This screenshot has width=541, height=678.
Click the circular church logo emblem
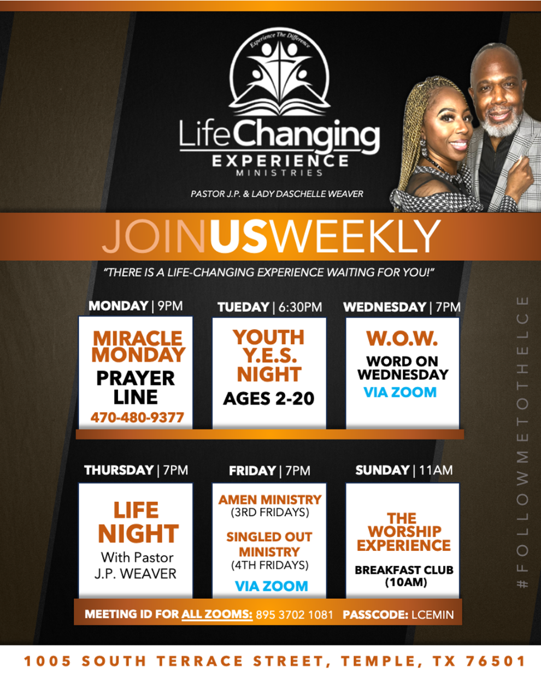pyautogui.click(x=279, y=72)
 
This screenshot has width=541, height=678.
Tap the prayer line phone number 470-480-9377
pyautogui.click(x=137, y=418)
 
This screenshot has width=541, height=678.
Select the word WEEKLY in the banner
pyautogui.click(x=356, y=236)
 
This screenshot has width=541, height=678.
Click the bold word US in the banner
pyautogui.click(x=240, y=236)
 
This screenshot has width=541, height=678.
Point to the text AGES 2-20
pyautogui.click(x=269, y=399)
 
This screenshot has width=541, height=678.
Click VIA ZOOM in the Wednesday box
pyautogui.click(x=400, y=392)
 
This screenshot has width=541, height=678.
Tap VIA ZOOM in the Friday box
pyautogui.click(x=271, y=586)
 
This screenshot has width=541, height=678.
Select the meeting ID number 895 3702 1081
pyautogui.click(x=295, y=615)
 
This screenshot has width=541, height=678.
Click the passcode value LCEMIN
pyautogui.click(x=432, y=615)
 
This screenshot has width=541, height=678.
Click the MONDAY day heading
pyautogui.click(x=118, y=306)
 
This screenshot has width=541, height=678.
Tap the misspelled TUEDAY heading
pyautogui.click(x=243, y=307)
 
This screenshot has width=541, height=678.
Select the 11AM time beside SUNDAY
pyautogui.click(x=436, y=471)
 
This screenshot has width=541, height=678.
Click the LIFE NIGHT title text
pyautogui.click(x=138, y=522)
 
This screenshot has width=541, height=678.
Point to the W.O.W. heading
pyautogui.click(x=402, y=338)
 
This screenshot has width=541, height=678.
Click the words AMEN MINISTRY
pyautogui.click(x=270, y=500)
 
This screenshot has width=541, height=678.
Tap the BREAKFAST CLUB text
pyautogui.click(x=404, y=570)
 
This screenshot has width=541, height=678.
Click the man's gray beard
pyautogui.click(x=501, y=122)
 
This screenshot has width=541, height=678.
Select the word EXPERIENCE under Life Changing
pyautogui.click(x=280, y=160)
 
